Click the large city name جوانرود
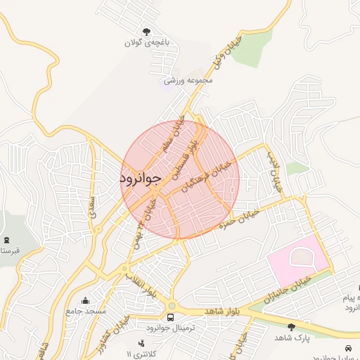pyautogui.click(x=141, y=179)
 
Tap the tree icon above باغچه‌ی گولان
pyautogui.click(x=146, y=32)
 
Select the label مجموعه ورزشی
pyautogui.click(x=188, y=81)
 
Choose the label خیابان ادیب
pyautogui.click(x=272, y=172)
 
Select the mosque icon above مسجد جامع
pyautogui.click(x=86, y=300)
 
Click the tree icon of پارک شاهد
pyautogui.click(x=291, y=326)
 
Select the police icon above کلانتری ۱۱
pyautogui.click(x=142, y=343)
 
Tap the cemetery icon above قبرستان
pyautogui.click(x=7, y=240)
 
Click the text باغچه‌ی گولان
pyautogui.click(x=147, y=44)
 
